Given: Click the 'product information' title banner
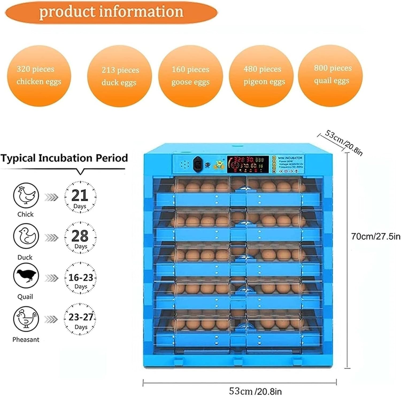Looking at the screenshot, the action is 111,12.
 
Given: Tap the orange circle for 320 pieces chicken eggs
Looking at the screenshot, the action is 39,76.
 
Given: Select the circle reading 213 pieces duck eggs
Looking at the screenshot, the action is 119,76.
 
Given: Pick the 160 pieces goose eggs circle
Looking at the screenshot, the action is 190,76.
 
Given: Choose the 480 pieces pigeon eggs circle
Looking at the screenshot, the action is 262,76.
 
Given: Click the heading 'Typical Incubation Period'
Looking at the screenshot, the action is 64,158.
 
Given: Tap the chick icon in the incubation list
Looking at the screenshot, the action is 26,195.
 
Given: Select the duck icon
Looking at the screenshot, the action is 26,236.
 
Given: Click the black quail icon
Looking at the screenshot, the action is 26,276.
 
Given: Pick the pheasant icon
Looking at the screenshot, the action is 26,319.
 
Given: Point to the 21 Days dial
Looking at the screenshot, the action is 80,197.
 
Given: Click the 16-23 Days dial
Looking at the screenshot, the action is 80,278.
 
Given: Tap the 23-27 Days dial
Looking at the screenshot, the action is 80,319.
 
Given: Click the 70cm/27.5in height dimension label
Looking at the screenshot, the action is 376,236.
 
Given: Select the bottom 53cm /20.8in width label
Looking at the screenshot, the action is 255,391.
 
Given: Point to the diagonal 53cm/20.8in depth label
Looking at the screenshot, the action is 344,142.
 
